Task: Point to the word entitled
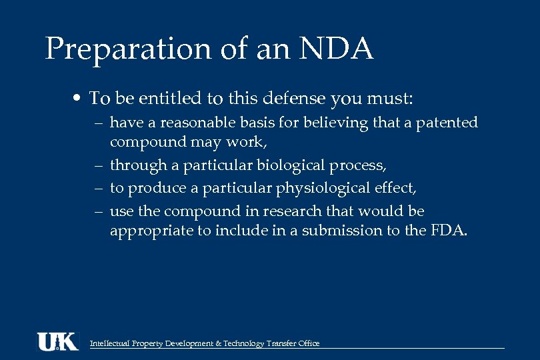[x=169, y=99]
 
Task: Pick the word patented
[x=447, y=123]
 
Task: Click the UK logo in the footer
[x=57, y=341]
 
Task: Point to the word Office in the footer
[x=309, y=343]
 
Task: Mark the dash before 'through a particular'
[x=98, y=166]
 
